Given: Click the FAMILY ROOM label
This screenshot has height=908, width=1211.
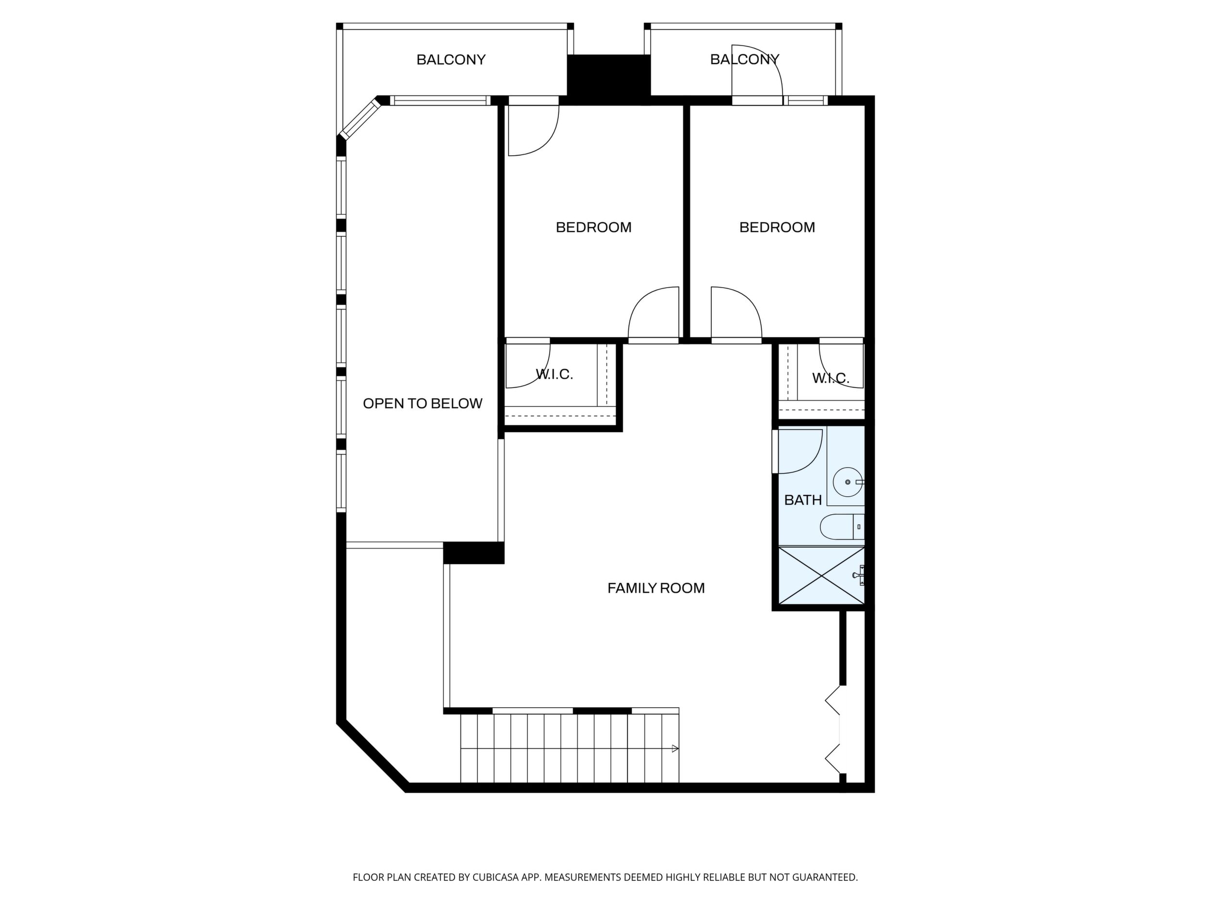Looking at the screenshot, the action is [x=656, y=588].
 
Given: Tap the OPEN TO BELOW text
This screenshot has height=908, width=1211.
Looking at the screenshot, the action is [x=423, y=404].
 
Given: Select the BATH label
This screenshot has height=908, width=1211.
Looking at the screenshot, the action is [x=803, y=500].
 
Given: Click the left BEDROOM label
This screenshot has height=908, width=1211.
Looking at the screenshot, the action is [x=593, y=227].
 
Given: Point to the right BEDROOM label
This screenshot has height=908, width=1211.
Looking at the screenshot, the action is [x=777, y=227].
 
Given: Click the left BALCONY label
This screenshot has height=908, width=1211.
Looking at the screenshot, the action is [x=451, y=60].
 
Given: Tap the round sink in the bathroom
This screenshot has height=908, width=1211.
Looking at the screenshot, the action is [x=848, y=482].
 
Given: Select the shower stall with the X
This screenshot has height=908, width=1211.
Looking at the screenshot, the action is [x=821, y=575].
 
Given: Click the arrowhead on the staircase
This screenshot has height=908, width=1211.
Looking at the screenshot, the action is [x=675, y=749].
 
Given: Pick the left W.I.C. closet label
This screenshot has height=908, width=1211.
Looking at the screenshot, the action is [x=554, y=374].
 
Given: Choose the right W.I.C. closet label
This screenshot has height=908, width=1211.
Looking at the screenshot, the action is [x=831, y=378].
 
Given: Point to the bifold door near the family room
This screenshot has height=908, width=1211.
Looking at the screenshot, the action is [x=833, y=729].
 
